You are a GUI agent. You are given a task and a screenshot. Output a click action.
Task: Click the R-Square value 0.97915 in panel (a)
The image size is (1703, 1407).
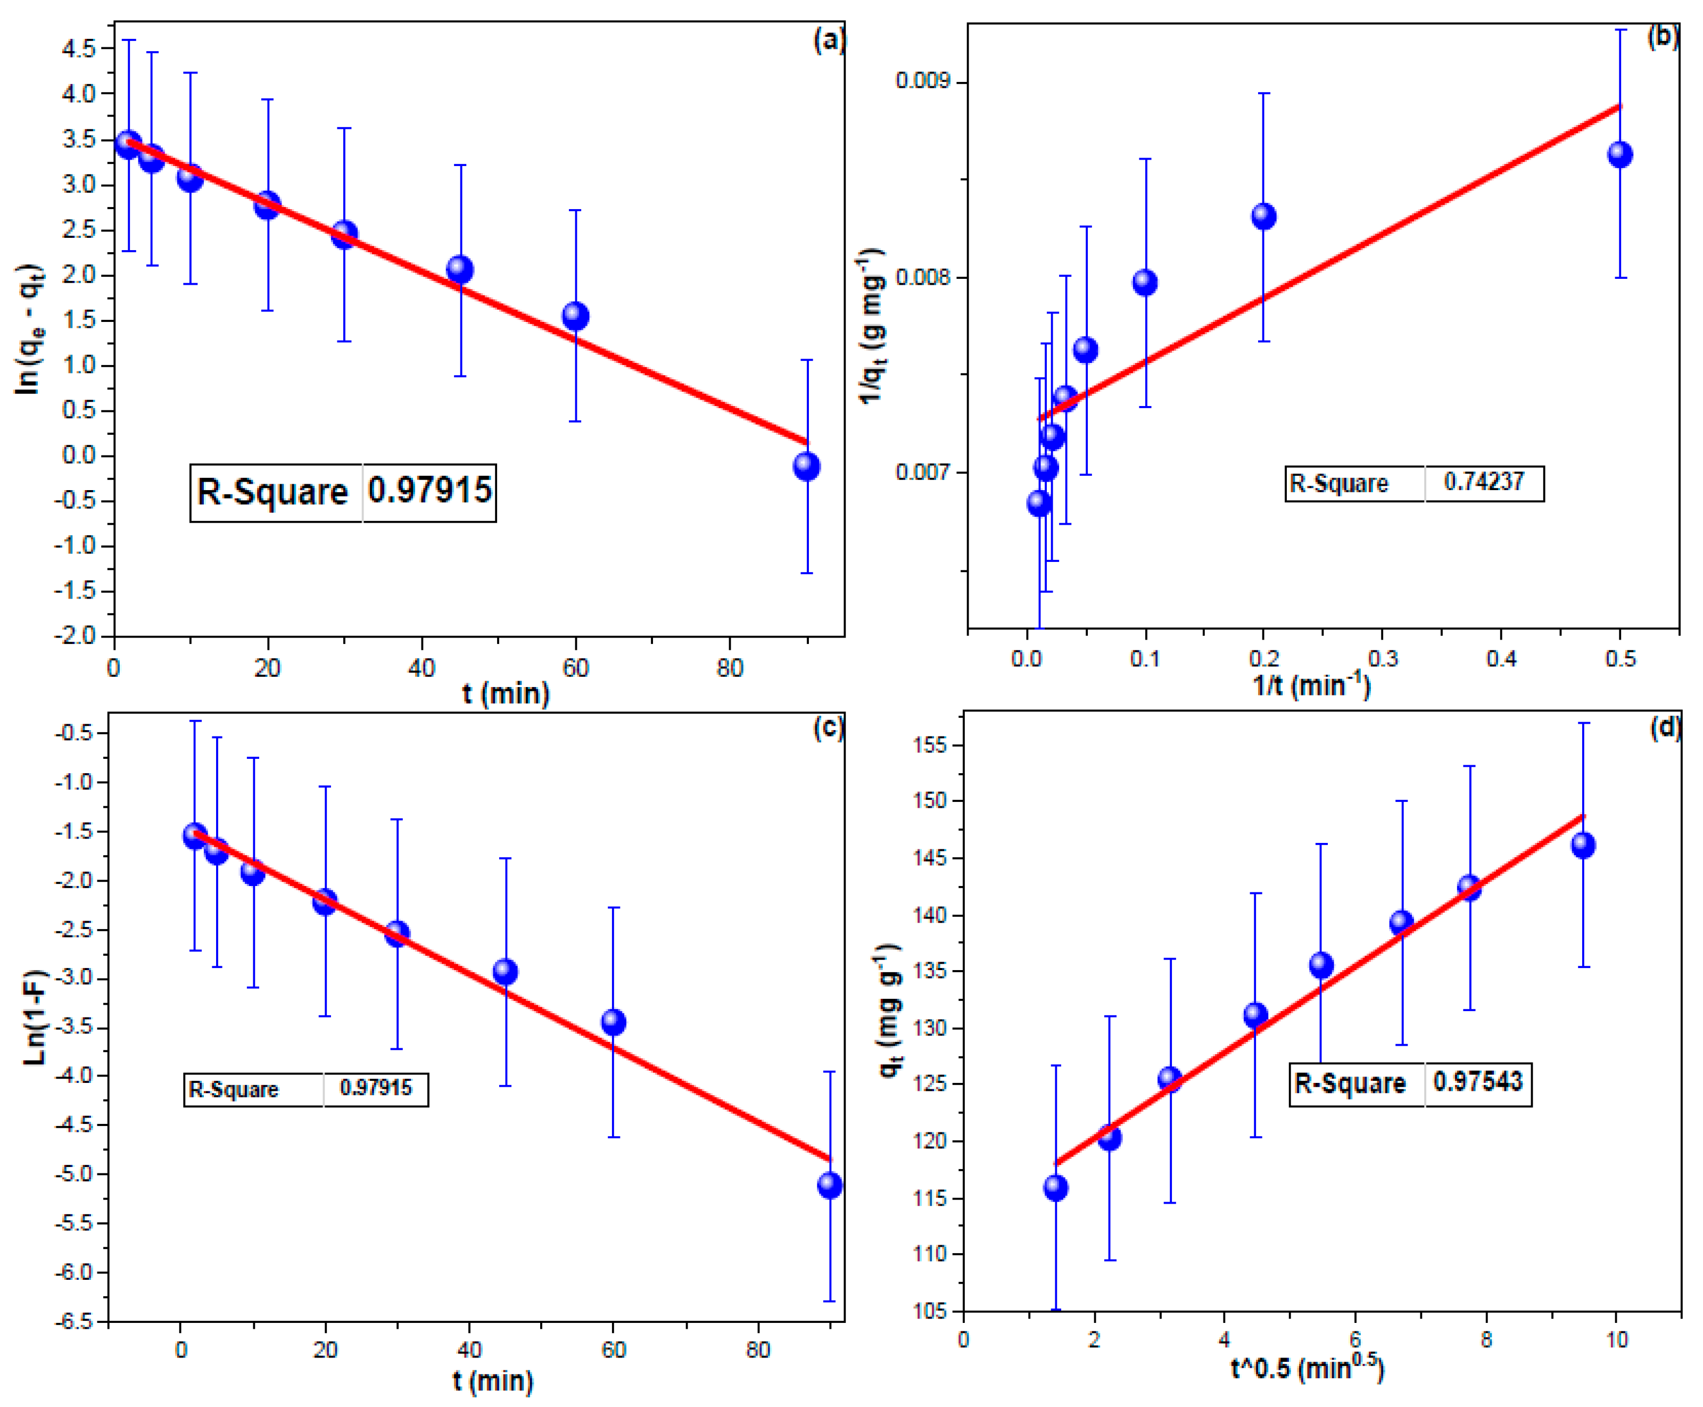click(429, 490)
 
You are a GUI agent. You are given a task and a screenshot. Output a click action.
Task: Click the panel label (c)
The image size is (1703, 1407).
click(828, 728)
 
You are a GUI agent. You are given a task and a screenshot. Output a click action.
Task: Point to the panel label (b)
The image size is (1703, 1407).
click(1663, 37)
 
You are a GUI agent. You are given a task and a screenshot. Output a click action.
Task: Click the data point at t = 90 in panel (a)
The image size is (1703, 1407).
click(806, 466)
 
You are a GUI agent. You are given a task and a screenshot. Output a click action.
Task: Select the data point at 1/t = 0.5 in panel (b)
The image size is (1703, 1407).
click(1619, 155)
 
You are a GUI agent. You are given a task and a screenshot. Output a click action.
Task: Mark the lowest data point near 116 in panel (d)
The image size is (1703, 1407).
click(1055, 1188)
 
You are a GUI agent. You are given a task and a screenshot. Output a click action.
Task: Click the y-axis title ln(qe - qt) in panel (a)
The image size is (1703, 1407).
click(29, 330)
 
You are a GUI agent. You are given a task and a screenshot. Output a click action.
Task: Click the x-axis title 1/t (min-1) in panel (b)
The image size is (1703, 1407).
click(1311, 685)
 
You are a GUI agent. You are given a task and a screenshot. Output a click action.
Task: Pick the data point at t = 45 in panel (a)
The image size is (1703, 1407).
click(460, 269)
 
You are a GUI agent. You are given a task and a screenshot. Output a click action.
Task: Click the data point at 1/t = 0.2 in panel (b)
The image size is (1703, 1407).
click(1263, 217)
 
